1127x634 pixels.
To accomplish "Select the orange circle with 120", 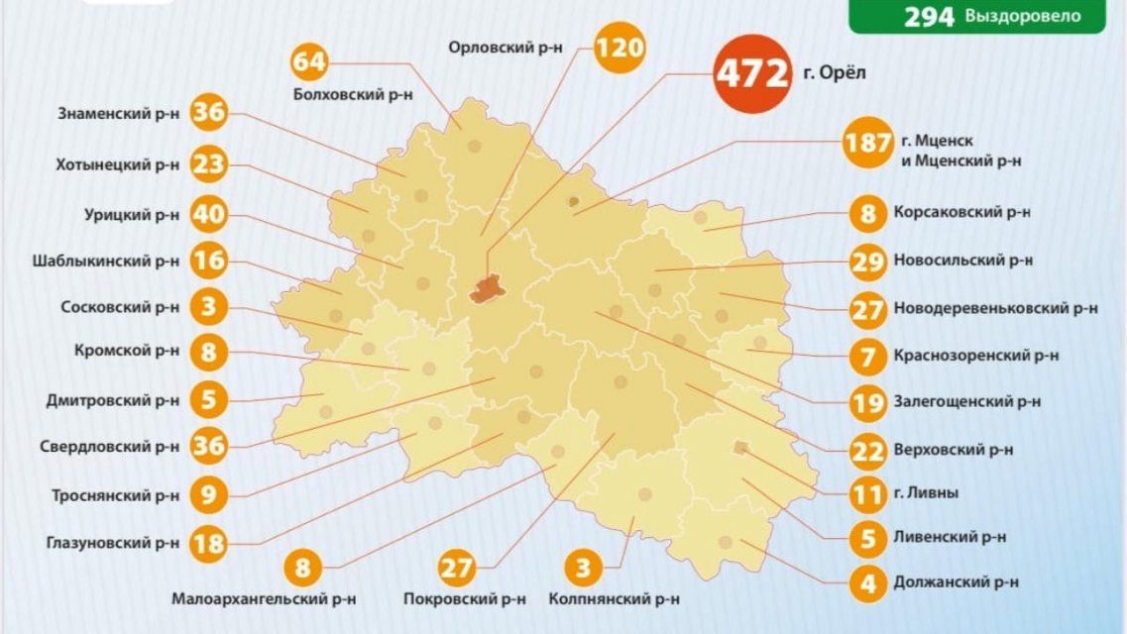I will click(x=620, y=48).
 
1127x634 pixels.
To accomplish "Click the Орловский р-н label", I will click(x=506, y=48).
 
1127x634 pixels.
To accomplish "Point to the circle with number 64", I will click(x=309, y=61).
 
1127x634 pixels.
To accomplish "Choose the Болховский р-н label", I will click(x=354, y=94).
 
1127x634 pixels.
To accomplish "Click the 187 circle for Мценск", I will click(x=868, y=144).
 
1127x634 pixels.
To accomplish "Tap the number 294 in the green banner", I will click(x=929, y=16).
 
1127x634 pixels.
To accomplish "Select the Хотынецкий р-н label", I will click(x=118, y=164).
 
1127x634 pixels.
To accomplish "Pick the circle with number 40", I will click(x=209, y=213).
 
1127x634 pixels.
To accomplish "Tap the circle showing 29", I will click(x=868, y=262).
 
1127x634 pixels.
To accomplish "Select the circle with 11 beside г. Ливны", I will click(x=868, y=492).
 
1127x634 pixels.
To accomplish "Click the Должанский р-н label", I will click(x=956, y=582).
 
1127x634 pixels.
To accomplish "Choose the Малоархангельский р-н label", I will click(x=264, y=599).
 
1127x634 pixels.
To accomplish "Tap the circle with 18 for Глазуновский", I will click(x=209, y=542).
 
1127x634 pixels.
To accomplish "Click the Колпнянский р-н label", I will click(x=614, y=599).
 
